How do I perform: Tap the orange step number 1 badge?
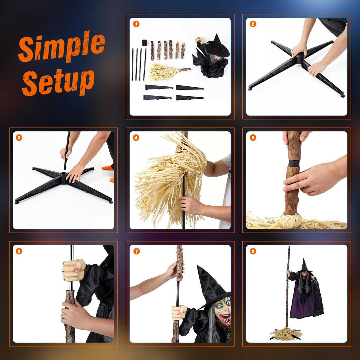[136, 24]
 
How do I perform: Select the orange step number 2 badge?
[253, 24]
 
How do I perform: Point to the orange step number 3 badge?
[19, 138]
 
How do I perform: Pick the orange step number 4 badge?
[136, 138]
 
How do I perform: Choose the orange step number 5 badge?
[253, 138]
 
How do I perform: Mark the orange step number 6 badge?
[19, 251]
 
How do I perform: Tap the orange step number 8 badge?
[253, 251]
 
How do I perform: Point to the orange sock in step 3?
[108, 168]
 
